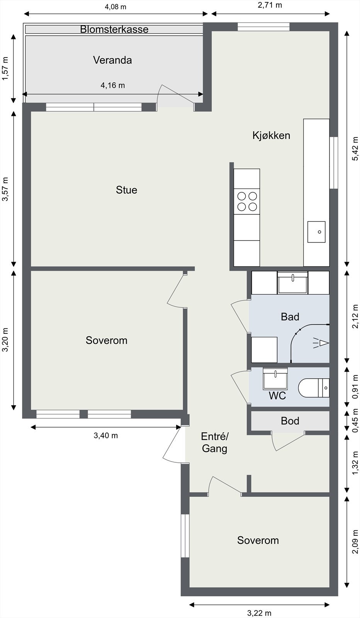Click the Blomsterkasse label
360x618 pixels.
tap(114, 29)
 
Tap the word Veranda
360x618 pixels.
tap(112, 60)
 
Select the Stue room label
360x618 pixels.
tap(126, 190)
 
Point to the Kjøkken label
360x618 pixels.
tap(271, 136)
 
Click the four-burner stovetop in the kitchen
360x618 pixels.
tap(247, 201)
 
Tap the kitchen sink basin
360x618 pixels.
tap(316, 232)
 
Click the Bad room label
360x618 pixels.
tap(290, 317)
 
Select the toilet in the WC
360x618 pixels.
tap(314, 388)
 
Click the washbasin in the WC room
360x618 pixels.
tap(275, 378)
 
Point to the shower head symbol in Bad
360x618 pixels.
tap(321, 343)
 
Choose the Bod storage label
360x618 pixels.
tap(290, 421)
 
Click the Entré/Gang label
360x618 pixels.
tap(215, 443)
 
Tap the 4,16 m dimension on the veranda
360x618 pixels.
tap(112, 85)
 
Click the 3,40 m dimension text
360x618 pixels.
tap(106, 435)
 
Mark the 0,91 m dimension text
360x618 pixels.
tap(355, 387)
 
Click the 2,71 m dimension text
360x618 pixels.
tap(270, 5)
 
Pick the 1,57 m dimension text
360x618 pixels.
tap(5, 69)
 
